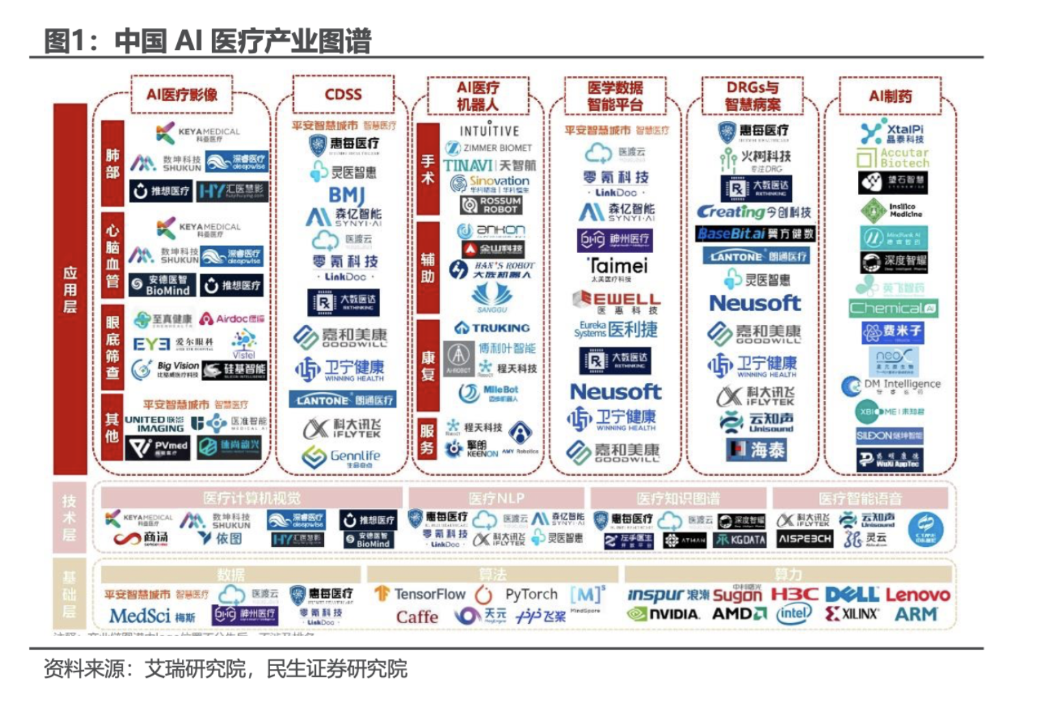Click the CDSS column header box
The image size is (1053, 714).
click(x=343, y=94)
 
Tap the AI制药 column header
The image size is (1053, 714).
click(x=890, y=96)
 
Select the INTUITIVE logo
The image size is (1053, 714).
click(x=489, y=131)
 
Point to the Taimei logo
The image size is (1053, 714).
click(x=617, y=267)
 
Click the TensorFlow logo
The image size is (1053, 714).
click(x=420, y=594)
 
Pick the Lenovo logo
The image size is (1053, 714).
click(x=918, y=594)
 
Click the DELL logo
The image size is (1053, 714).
click(x=851, y=594)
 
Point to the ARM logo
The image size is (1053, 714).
click(x=916, y=614)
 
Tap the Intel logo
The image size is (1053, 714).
click(x=793, y=613)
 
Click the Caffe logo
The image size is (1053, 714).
click(x=417, y=616)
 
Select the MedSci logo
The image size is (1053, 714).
click(x=151, y=616)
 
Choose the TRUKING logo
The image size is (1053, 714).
click(x=492, y=328)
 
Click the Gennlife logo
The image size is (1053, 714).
click(x=342, y=456)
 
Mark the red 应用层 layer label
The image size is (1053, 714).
click(x=70, y=289)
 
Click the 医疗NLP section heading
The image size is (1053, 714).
click(x=496, y=498)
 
